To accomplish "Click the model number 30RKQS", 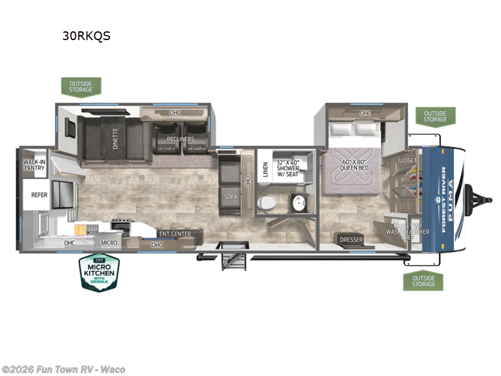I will [x=86, y=36].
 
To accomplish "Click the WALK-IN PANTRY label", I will [x=35, y=166].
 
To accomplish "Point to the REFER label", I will [x=39, y=195].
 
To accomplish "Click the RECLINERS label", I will [x=180, y=138].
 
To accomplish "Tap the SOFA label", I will [x=229, y=196].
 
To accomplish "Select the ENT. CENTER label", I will [x=175, y=234].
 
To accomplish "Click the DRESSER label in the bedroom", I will [x=351, y=239].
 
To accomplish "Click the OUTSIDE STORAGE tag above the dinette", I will [x=81, y=86].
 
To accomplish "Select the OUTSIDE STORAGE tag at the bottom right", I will [x=423, y=280].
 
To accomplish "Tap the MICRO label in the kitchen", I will [x=110, y=241].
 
